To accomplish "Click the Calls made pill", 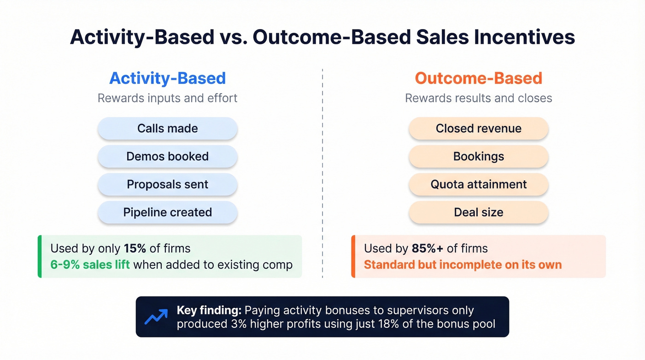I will point(167,128).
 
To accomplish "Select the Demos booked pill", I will point(167,156).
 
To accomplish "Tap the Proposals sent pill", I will point(167,184).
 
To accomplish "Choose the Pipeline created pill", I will point(167,212).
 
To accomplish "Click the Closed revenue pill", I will point(478,128).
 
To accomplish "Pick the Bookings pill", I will point(478,156).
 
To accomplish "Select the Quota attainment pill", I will point(478,184).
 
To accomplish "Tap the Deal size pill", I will point(478,212).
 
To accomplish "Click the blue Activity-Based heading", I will point(167,78).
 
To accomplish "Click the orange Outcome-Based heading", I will point(478,78).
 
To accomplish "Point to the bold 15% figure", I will point(135,248).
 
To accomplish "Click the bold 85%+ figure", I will point(427,248).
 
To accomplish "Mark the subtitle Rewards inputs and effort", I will point(167,98).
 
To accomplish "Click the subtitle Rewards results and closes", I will point(478,98).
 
